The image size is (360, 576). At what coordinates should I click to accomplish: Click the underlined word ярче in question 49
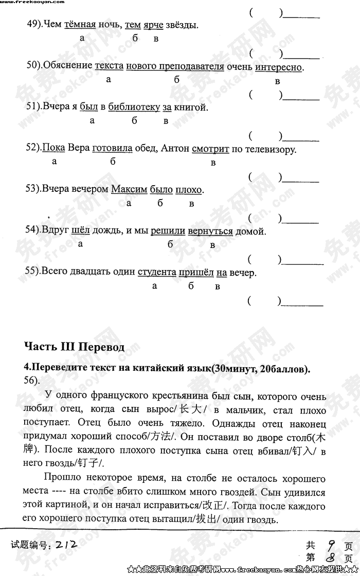click(x=154, y=25)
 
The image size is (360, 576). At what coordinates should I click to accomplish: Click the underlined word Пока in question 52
click(x=54, y=149)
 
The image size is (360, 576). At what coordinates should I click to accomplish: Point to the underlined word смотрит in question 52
click(x=210, y=149)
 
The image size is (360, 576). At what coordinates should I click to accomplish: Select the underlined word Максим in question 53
click(x=129, y=190)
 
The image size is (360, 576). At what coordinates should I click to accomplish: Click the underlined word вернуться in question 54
click(x=210, y=231)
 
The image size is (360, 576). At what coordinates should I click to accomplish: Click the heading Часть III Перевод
click(x=74, y=347)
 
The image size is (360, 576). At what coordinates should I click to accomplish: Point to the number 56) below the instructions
click(x=32, y=380)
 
